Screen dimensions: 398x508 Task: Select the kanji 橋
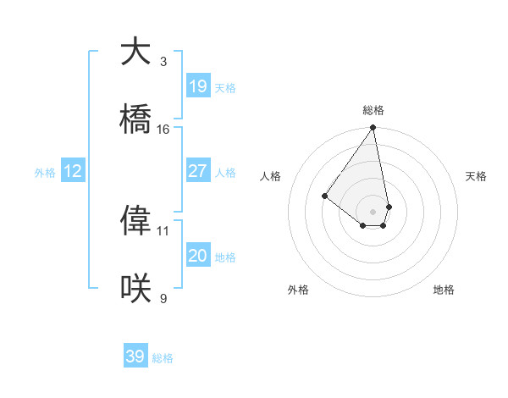pyautogui.click(x=135, y=119)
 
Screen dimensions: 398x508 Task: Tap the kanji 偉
pyautogui.click(x=135, y=220)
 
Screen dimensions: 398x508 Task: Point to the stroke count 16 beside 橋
pyautogui.click(x=163, y=130)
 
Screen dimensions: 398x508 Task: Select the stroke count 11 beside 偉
pyautogui.click(x=163, y=230)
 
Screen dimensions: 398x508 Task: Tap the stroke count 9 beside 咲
pyautogui.click(x=163, y=298)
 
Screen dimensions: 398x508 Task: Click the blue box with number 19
pyautogui.click(x=198, y=86)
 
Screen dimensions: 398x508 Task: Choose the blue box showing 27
pyautogui.click(x=198, y=171)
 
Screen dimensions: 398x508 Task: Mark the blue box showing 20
pyautogui.click(x=198, y=256)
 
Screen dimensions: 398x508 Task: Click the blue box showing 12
pyautogui.click(x=73, y=171)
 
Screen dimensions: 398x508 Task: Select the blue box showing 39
pyautogui.click(x=135, y=357)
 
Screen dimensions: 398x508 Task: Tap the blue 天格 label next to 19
pyautogui.click(x=225, y=88)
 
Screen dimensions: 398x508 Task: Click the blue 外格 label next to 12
pyautogui.click(x=45, y=173)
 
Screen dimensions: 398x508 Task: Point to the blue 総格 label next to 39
pyautogui.click(x=163, y=358)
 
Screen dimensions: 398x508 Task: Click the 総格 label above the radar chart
pyautogui.click(x=373, y=110)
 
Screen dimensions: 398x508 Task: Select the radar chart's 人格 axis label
pyautogui.click(x=271, y=176)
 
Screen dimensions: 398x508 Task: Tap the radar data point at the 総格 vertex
pyautogui.click(x=373, y=128)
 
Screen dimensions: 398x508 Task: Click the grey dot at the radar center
pyautogui.click(x=373, y=212)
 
